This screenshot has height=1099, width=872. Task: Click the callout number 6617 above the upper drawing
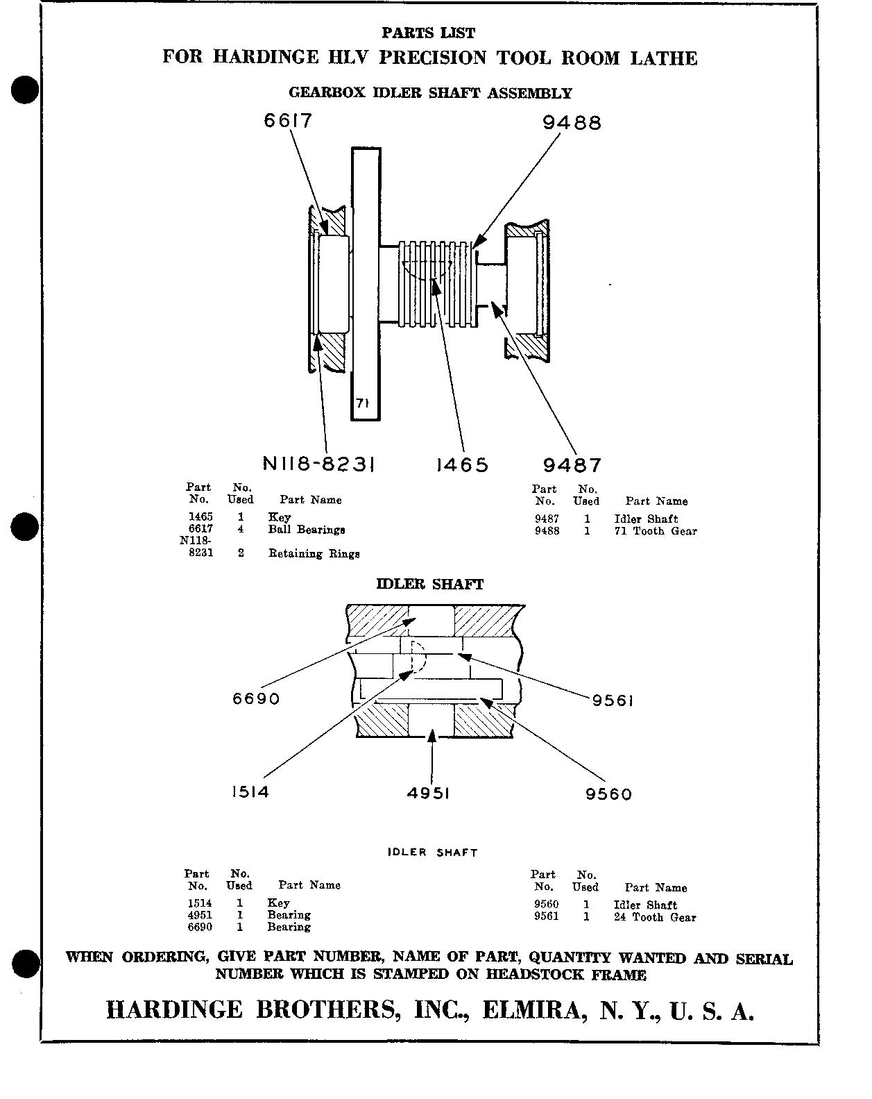tap(287, 121)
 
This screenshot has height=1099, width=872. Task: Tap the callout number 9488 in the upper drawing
tap(572, 123)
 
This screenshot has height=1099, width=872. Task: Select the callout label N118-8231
tap(319, 464)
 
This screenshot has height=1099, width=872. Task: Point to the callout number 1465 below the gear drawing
tap(462, 464)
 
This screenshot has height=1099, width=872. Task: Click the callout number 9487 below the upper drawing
tap(572, 465)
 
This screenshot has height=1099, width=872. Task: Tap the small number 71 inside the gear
tap(361, 403)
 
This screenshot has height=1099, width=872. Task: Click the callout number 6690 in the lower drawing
tap(256, 698)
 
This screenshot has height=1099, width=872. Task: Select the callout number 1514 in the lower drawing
tap(250, 791)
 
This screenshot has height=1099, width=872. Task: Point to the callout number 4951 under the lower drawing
tap(428, 793)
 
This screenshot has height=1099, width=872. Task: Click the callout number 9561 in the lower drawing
tap(613, 700)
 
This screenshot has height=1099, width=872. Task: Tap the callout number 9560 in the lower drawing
tap(608, 794)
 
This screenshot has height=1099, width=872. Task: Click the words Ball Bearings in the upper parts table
tap(307, 530)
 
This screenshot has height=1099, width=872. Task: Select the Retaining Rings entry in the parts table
tap(314, 553)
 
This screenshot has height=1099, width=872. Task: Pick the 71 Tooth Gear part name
tap(655, 531)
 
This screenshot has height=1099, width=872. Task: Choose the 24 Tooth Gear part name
tap(655, 917)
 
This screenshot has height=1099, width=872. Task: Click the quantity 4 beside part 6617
tap(240, 529)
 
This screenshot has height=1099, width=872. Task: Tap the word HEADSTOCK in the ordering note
tap(534, 974)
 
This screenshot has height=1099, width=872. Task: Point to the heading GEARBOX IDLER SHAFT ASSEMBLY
tap(430, 92)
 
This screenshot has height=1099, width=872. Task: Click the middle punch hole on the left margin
tap(24, 526)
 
